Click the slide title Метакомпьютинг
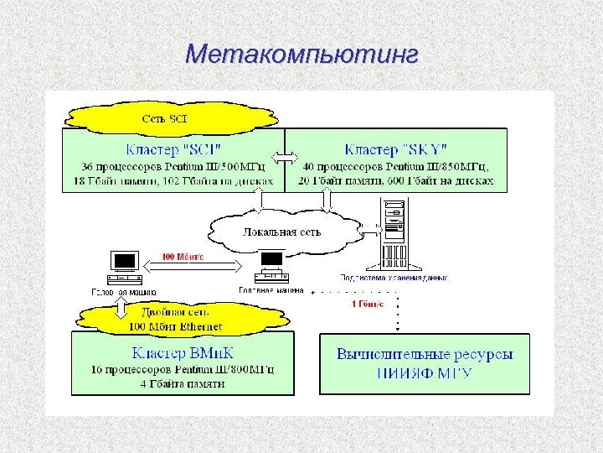(x=301, y=55)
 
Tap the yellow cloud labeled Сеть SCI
(x=164, y=118)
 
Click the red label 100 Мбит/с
(x=183, y=256)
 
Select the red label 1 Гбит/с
(x=367, y=304)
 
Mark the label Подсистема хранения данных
(x=394, y=277)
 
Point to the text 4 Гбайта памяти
(x=183, y=383)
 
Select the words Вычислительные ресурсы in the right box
(x=425, y=353)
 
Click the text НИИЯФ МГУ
(x=425, y=372)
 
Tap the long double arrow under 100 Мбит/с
(x=198, y=265)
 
